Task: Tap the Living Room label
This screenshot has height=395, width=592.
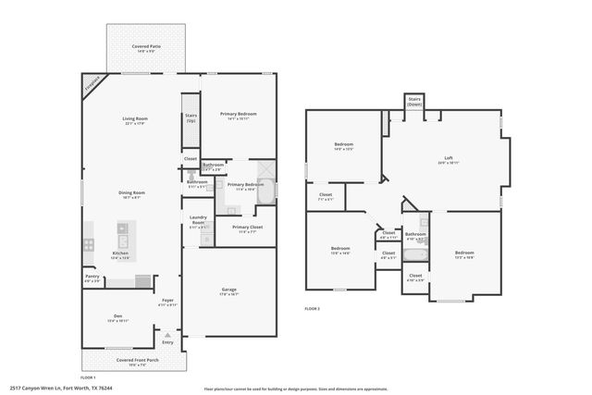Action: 136,118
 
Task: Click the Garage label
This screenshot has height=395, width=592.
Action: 228,290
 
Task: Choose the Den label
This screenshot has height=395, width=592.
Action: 117,317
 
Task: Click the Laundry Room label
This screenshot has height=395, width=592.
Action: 198,221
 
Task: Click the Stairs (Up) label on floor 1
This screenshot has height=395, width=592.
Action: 191,119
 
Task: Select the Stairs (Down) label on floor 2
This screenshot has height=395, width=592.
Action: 414,102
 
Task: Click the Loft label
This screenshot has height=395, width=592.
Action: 448,158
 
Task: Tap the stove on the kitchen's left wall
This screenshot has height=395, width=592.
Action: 89,245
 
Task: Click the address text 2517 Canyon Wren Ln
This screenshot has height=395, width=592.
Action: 52,389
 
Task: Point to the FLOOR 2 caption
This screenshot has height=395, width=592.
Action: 312,308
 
